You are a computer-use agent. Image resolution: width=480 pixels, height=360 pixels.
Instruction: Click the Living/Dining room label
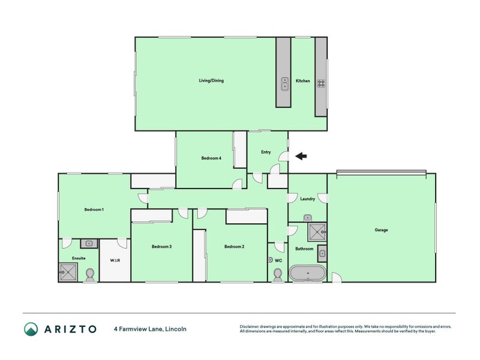[x=211, y=80]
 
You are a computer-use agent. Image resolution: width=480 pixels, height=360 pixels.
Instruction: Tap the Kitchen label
[x=303, y=80]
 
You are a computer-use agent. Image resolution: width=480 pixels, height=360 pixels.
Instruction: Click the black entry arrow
[x=301, y=157]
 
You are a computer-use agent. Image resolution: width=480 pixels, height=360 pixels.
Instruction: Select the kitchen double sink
[x=284, y=84]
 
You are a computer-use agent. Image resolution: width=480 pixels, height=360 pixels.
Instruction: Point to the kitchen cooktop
[x=321, y=84]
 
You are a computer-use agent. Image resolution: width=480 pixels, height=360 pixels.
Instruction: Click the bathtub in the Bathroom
[x=308, y=274]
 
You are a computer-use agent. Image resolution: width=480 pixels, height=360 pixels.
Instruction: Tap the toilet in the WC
[x=278, y=274]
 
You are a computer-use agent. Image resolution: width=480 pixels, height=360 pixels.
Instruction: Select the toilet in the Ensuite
[x=90, y=274]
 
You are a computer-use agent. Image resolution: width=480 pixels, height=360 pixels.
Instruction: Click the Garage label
[x=381, y=230]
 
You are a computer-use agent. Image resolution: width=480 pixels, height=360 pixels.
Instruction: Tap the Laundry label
[x=308, y=199]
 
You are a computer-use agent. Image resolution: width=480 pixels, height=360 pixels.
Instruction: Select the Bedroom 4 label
[x=211, y=158]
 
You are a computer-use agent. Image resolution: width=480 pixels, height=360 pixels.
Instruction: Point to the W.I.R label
[x=115, y=260]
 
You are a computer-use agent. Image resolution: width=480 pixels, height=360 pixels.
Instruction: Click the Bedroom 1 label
[x=94, y=209]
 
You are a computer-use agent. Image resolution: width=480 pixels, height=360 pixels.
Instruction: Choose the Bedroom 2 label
[x=234, y=247]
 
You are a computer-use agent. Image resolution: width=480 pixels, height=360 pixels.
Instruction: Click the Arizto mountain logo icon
[x=31, y=329]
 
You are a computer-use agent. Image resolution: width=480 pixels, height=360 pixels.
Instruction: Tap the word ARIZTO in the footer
[x=70, y=329]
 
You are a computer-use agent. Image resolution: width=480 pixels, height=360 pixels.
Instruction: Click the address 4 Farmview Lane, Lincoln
[x=150, y=329]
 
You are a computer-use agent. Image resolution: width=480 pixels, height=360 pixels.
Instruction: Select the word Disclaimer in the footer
[x=251, y=326]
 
